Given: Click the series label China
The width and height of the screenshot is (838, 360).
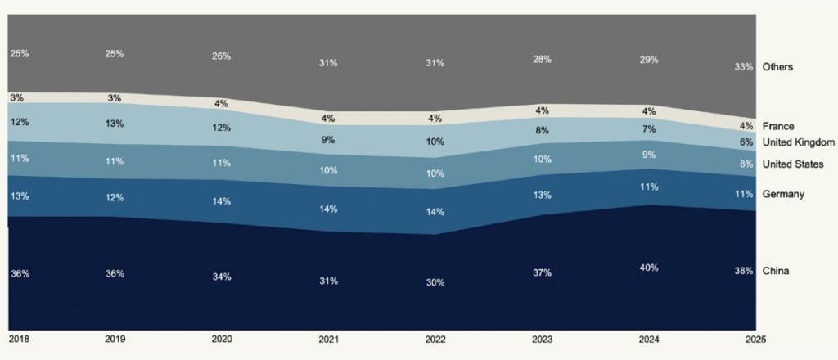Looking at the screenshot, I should tap(775, 271).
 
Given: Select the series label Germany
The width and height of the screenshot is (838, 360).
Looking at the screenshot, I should tap(783, 194).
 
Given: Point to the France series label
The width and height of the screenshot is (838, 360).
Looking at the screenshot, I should tap(777, 126).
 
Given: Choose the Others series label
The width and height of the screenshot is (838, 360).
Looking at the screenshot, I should tap(777, 67).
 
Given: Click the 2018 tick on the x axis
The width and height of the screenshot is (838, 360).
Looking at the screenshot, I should tap(19, 338).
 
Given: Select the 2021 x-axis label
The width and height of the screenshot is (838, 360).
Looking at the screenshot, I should tap(328, 338).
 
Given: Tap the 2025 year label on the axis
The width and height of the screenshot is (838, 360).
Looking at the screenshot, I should tap(745, 338).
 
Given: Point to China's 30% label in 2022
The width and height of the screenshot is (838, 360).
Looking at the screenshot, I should tap(435, 282).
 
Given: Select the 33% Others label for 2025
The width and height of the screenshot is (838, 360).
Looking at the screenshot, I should tap(744, 67).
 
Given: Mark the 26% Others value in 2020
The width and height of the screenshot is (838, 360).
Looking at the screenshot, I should tap(221, 56).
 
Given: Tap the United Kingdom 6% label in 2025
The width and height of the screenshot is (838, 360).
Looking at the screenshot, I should tap(746, 142).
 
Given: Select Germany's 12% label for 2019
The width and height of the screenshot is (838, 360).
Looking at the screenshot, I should tap(115, 197).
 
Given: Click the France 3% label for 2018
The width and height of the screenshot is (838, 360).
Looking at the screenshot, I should tap(16, 97).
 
